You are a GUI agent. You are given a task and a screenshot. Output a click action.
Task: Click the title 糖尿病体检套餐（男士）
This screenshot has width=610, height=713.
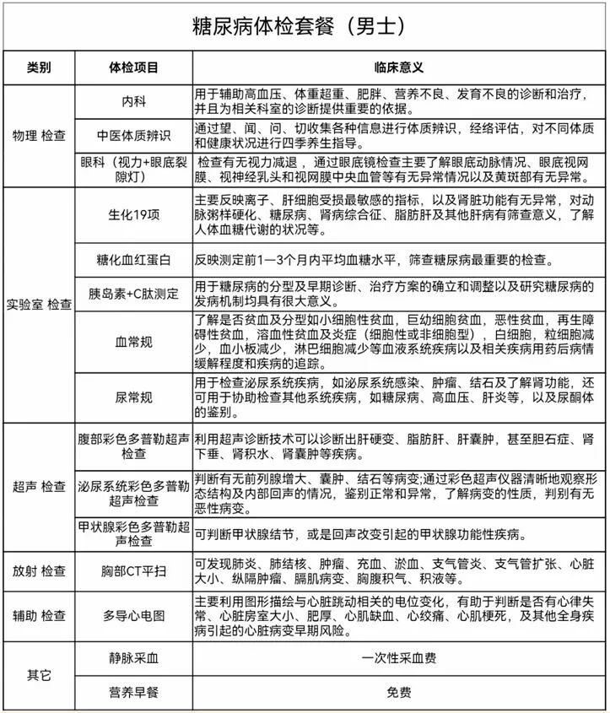coord(305,25)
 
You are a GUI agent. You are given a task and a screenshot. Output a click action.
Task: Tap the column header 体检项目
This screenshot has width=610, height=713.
coord(133,67)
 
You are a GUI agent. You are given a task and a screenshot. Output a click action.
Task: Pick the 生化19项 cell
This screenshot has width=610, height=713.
coord(133,214)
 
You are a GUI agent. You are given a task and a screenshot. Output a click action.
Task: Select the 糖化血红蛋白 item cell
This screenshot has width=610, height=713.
coord(133,259)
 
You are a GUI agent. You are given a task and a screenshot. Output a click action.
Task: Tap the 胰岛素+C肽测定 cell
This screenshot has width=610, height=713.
coord(133,294)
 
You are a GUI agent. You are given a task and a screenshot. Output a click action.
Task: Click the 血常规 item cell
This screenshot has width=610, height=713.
coord(133,342)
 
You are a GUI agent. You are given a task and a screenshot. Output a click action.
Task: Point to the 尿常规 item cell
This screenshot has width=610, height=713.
coord(133,395)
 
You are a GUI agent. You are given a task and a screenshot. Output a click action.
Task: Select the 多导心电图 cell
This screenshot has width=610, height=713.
coord(133,615)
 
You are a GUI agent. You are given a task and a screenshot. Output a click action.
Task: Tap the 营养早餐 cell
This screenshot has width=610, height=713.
coord(133,693)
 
